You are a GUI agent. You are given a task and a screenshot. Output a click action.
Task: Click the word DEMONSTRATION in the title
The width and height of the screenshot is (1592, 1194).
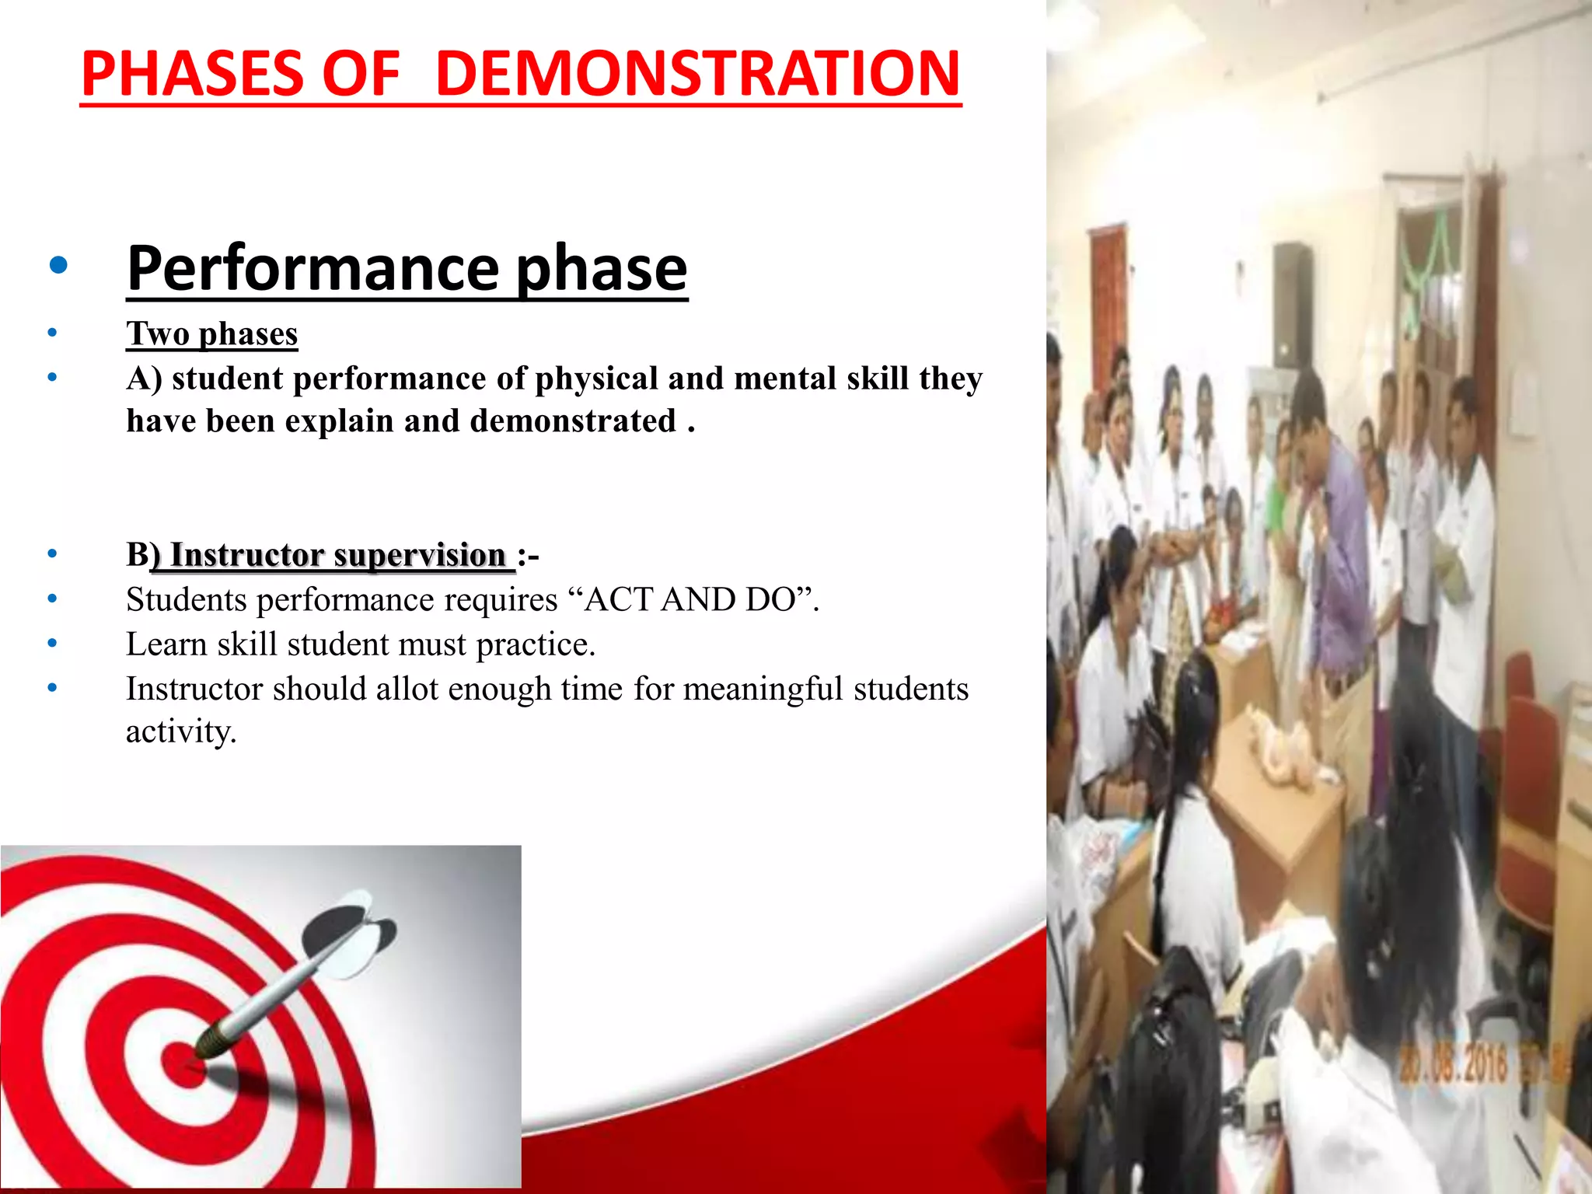[x=697, y=73]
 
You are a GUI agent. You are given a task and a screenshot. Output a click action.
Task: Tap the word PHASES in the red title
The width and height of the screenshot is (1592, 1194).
[x=191, y=73]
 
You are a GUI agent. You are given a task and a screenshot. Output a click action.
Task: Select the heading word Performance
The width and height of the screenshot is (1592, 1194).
[x=312, y=268]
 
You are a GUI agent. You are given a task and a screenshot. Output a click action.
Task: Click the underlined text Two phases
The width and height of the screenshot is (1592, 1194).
[x=211, y=333]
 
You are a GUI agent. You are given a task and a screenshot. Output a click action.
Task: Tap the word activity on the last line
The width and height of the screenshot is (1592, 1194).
[x=180, y=731]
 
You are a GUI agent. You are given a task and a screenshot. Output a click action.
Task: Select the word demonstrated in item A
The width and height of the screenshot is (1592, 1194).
[x=573, y=421]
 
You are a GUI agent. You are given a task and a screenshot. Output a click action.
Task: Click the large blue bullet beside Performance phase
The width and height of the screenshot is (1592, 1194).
[x=58, y=267]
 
